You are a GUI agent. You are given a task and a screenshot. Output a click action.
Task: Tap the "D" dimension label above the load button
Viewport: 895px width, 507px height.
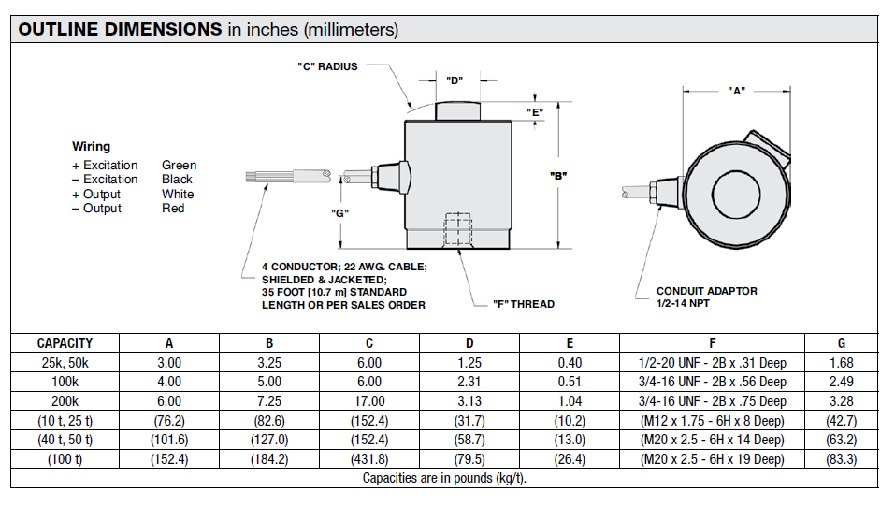[x=455, y=80]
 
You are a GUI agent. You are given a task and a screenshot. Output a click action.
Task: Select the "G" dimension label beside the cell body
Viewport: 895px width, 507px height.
[x=340, y=212]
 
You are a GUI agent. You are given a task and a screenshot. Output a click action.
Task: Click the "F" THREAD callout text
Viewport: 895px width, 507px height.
[x=524, y=304]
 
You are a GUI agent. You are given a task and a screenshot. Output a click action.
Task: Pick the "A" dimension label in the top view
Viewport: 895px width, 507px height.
[x=736, y=91]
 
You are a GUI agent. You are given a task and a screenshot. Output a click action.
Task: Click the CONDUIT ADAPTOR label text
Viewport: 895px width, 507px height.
[x=706, y=291]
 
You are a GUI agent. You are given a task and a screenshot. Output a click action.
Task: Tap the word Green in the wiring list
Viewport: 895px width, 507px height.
[x=179, y=166]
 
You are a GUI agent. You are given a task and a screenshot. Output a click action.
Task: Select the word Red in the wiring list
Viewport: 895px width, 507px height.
[x=173, y=209]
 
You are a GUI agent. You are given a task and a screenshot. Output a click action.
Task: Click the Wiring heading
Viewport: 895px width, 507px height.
[x=91, y=146]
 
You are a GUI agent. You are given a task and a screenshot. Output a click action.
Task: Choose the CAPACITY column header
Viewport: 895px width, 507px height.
[x=65, y=343]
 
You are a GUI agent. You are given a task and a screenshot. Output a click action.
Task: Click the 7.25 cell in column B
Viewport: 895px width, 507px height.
[x=269, y=401]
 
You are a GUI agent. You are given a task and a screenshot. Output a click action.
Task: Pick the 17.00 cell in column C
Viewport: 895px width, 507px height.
[x=369, y=401]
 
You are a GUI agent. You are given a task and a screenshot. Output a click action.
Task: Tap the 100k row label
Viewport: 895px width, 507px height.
[x=65, y=382]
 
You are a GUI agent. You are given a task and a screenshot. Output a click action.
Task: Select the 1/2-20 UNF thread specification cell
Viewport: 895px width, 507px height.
[x=712, y=363]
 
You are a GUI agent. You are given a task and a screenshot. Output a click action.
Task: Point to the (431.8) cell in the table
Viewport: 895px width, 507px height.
[x=369, y=459]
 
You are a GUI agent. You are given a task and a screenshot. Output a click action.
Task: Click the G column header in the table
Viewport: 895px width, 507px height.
[x=842, y=343]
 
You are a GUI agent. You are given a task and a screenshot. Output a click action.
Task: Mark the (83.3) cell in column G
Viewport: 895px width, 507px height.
[x=842, y=459]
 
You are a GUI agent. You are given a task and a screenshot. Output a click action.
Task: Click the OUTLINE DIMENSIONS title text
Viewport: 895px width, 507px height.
[x=120, y=29]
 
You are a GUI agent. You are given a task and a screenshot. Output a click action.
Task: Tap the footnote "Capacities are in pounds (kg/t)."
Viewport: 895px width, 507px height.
[x=445, y=478]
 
